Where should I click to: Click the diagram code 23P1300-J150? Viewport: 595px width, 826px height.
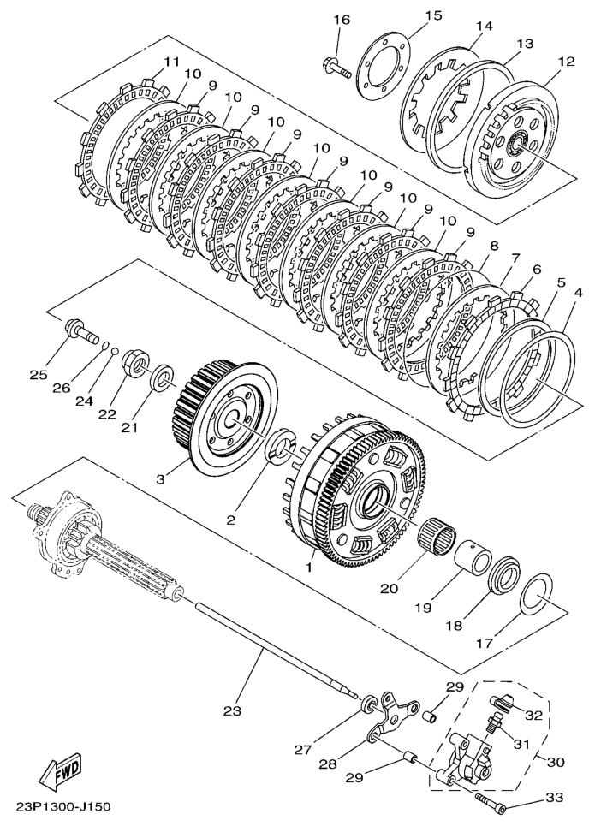coord(63,807)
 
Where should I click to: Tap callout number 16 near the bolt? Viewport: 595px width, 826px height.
coord(342,20)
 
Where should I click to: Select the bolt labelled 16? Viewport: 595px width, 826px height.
coord(336,68)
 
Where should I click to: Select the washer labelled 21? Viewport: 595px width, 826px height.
coord(163,374)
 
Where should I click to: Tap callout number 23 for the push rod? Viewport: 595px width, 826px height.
coord(232,710)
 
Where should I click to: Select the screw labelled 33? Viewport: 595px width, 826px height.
coord(491,803)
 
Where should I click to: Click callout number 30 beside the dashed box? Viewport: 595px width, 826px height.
coord(556,762)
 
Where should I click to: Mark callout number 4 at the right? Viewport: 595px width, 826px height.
coord(578,292)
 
